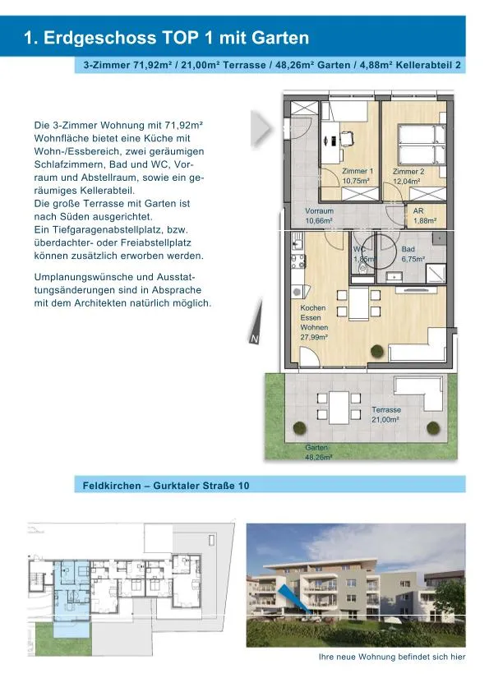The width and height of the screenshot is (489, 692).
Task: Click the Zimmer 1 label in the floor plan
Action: point(358,171)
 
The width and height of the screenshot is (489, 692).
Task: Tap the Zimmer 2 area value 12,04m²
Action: point(407,181)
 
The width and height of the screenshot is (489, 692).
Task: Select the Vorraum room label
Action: point(319,211)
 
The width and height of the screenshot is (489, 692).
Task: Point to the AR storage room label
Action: point(418,211)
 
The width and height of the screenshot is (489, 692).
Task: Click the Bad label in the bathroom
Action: point(408,249)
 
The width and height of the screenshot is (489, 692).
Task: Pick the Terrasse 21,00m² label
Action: point(385,414)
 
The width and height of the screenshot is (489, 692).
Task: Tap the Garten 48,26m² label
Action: point(319,452)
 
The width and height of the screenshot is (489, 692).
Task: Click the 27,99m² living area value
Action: point(314,337)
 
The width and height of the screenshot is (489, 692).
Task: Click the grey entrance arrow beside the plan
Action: point(261,128)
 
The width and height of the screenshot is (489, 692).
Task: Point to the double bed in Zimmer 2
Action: point(422,145)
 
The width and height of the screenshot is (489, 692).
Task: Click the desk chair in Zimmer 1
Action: point(347,139)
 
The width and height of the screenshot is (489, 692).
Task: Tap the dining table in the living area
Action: point(358,303)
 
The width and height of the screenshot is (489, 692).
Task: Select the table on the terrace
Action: point(339,406)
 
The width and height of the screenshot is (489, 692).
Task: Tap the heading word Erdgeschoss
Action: point(99,38)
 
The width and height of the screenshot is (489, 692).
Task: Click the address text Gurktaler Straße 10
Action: point(201,486)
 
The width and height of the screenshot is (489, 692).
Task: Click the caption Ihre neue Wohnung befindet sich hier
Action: point(392,657)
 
